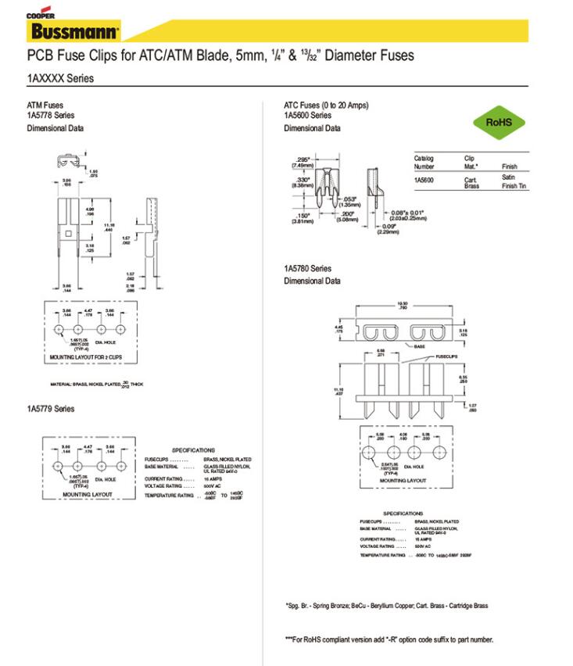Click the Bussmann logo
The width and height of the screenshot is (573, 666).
74,32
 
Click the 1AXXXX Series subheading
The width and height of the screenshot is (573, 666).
60,79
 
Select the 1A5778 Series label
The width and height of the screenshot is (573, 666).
49,116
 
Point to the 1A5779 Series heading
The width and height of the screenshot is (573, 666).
51,408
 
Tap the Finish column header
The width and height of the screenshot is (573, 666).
509,166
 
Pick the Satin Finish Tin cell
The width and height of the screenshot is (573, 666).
514,182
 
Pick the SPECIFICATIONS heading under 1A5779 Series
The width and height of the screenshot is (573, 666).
193,450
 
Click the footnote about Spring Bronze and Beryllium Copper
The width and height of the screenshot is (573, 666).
386,606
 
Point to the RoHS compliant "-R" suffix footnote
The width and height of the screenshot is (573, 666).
389,639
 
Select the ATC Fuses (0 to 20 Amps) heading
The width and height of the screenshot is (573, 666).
325,106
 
